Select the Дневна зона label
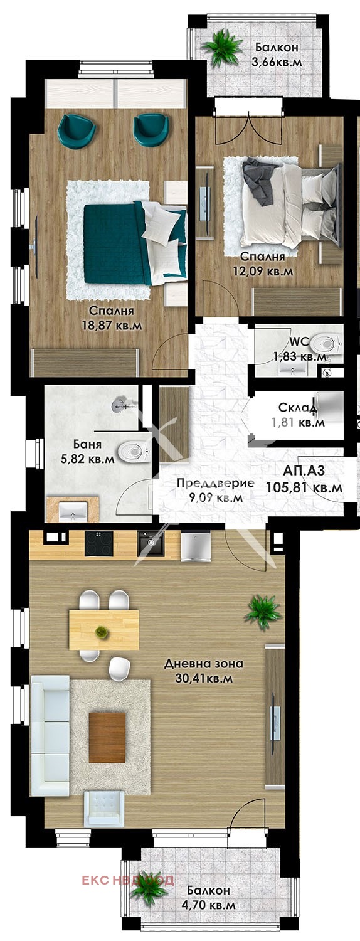point(203,664)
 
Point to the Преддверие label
point(215,483)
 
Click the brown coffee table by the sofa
point(107,737)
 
